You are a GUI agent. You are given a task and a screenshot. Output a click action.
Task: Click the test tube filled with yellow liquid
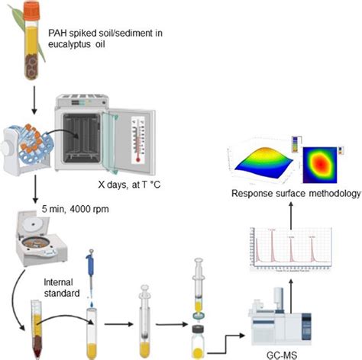click(x=92, y=330)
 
